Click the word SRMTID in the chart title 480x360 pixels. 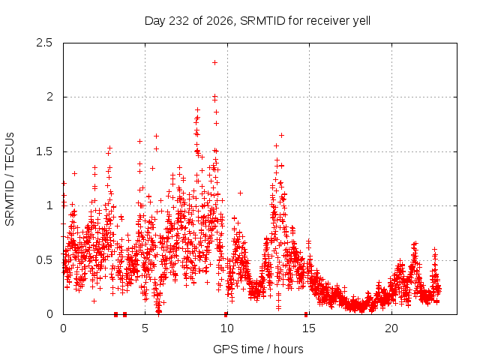262,21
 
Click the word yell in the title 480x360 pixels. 361,21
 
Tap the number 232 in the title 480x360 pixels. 179,21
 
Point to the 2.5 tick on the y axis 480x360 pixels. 44,43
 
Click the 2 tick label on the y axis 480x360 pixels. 49,97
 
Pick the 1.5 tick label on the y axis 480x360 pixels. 44,151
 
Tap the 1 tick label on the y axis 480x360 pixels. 50,205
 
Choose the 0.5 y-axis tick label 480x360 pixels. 44,260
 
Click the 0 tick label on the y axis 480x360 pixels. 49,314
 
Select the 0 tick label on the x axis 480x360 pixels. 63,328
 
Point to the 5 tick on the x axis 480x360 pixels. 145,328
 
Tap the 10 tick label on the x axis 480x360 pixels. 226,328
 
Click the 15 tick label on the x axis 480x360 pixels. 309,328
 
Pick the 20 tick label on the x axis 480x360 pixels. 391,328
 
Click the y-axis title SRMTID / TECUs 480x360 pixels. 10,179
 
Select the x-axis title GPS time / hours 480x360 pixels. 258,349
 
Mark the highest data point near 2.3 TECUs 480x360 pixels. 215,63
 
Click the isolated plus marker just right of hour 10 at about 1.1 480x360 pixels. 240,193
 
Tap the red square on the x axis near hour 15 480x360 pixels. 306,315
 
